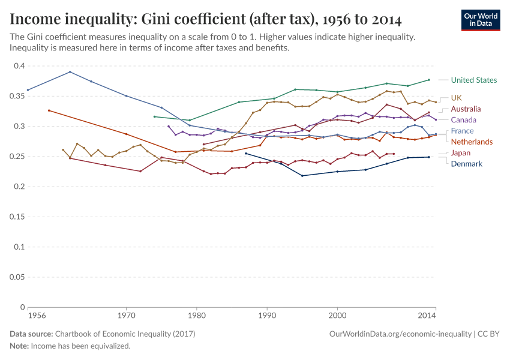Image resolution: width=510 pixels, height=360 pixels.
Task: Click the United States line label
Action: point(473,80)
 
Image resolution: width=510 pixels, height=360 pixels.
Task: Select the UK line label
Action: point(457,98)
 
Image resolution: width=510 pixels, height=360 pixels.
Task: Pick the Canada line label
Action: point(463,120)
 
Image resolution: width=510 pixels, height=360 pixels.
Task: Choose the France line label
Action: point(462,131)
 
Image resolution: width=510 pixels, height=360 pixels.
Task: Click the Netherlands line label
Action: point(472,142)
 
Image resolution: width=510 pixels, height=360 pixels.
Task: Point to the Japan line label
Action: point(461,153)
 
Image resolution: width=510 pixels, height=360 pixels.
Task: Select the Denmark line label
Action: point(466,164)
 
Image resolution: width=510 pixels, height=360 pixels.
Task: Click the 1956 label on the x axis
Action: point(28,315)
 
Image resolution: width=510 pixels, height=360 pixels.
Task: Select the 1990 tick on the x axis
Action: point(267,315)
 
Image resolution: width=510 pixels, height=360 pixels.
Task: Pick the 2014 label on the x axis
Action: point(427,315)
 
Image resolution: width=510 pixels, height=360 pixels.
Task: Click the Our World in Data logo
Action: point(481,20)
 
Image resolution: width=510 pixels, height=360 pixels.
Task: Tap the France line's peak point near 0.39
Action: point(70,72)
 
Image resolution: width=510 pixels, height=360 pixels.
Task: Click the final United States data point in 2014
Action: point(428,80)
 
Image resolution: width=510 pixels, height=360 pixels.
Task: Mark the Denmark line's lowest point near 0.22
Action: point(302,176)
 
